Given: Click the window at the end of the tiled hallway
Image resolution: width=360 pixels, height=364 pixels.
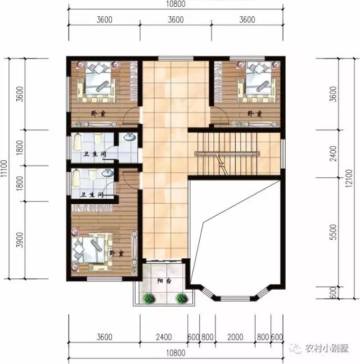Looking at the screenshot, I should point(167,58).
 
